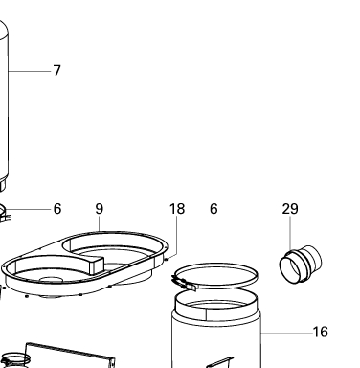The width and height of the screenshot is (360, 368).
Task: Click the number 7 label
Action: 56,70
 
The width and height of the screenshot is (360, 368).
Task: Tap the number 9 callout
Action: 100,209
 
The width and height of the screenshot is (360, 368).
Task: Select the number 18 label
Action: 177,209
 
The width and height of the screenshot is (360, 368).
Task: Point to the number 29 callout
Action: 290,209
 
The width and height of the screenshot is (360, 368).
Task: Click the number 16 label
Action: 320,332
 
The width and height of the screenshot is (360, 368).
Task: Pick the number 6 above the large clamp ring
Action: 214,209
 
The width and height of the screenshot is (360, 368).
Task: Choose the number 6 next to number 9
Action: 57,209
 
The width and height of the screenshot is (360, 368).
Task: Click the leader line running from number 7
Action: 30,71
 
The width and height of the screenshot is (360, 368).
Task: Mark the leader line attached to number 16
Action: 286,333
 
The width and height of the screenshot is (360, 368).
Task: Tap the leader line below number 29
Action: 290,234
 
